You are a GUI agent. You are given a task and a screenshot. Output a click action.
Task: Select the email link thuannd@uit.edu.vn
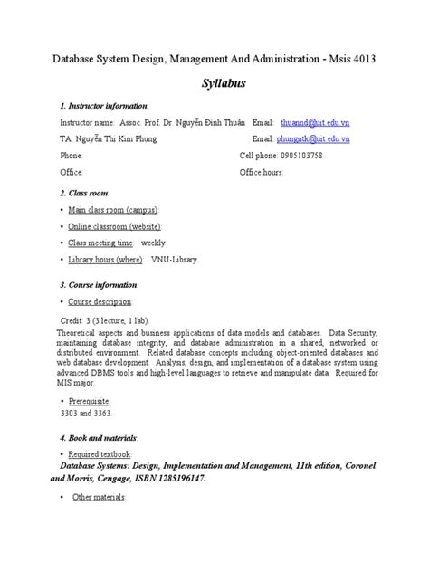pyautogui.click(x=315, y=121)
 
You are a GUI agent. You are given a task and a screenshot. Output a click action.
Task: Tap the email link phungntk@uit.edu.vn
pyautogui.click(x=316, y=138)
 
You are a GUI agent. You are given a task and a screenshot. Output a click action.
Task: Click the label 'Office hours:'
pyautogui.click(x=262, y=171)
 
